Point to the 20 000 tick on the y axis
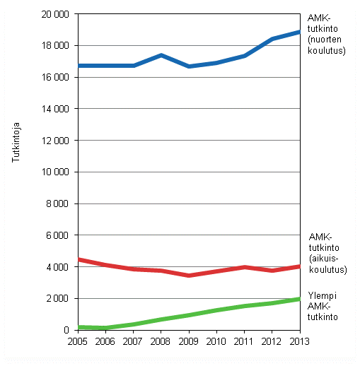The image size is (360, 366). tap(54, 14)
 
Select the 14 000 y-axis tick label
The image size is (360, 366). tap(54, 109)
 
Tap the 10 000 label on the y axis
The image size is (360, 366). tap(54, 172)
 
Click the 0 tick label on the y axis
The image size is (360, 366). tap(65, 330)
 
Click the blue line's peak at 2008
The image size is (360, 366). tap(162, 55)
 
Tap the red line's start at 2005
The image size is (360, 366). tap(79, 259)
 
